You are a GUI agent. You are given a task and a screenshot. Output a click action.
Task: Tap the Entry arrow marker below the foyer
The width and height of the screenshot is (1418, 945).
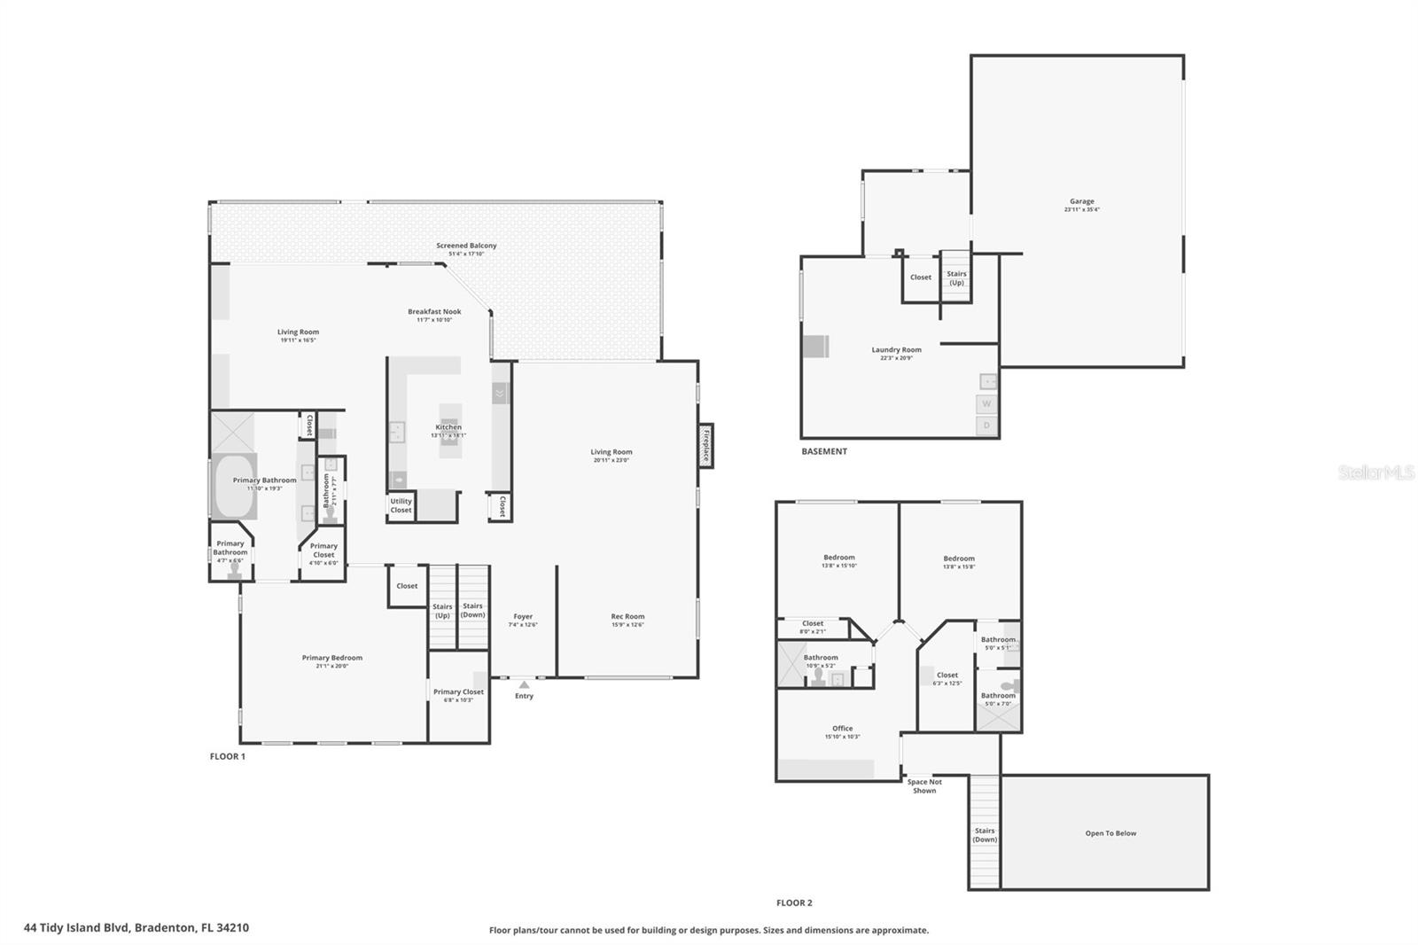pyautogui.click(x=524, y=684)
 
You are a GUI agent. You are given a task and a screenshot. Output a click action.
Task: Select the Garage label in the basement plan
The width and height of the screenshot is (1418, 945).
pyautogui.click(x=1081, y=202)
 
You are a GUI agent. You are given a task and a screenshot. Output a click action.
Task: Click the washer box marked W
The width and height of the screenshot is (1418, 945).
pyautogui.click(x=986, y=404)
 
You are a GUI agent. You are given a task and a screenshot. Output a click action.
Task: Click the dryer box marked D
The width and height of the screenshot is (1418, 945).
pyautogui.click(x=986, y=426)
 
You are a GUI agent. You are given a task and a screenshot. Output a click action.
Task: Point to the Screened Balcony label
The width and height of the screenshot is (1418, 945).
pyautogui.click(x=466, y=246)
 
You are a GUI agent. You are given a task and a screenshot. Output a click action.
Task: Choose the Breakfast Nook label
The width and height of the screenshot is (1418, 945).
pyautogui.click(x=434, y=312)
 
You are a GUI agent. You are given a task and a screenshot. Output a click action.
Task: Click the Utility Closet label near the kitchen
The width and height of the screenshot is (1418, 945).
pyautogui.click(x=401, y=505)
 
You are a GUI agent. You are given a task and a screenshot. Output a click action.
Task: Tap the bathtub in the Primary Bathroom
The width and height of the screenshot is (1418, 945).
pyautogui.click(x=234, y=487)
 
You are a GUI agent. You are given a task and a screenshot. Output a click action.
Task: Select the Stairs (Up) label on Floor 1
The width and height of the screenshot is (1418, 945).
pyautogui.click(x=441, y=612)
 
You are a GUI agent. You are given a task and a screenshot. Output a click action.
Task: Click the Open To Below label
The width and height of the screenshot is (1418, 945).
pyautogui.click(x=1110, y=833)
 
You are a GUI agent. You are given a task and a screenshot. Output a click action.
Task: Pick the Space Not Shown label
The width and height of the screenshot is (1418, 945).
pyautogui.click(x=924, y=786)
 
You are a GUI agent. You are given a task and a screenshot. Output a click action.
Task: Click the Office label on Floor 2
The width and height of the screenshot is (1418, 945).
pyautogui.click(x=842, y=729)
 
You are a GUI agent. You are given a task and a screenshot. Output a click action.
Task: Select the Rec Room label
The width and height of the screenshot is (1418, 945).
pyautogui.click(x=627, y=617)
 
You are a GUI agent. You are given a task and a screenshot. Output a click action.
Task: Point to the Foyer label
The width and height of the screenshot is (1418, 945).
pyautogui.click(x=523, y=617)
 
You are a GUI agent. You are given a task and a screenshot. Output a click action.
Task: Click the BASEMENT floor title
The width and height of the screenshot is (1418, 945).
pyautogui.click(x=824, y=452)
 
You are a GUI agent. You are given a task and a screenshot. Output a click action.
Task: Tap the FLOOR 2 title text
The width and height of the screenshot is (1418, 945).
pyautogui.click(x=794, y=903)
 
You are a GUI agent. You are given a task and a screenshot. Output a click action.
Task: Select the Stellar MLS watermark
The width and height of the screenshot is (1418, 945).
pyautogui.click(x=1375, y=473)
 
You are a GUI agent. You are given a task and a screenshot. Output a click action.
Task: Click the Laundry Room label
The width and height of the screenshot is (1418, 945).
pyautogui.click(x=896, y=350)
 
